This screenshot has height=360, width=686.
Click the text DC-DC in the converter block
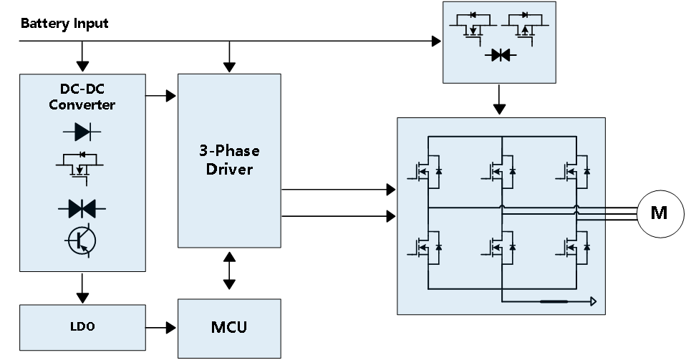pyautogui.click(x=82, y=90)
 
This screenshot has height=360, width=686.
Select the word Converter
pyautogui.click(x=82, y=105)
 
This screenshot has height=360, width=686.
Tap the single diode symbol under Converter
pyautogui.click(x=82, y=131)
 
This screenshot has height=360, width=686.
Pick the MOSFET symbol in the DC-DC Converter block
pyautogui.click(x=80, y=165)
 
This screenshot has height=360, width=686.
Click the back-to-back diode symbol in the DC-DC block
pyautogui.click(x=82, y=208)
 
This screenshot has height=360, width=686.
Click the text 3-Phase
pyautogui.click(x=229, y=151)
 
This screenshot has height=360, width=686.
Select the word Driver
pyautogui.click(x=229, y=170)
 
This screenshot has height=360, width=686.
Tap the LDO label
pyautogui.click(x=82, y=327)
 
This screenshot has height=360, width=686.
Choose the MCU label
pyautogui.click(x=229, y=328)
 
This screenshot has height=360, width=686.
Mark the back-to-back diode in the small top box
pyautogui.click(x=500, y=55)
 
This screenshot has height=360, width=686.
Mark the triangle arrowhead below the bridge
pyautogui.click(x=593, y=301)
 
